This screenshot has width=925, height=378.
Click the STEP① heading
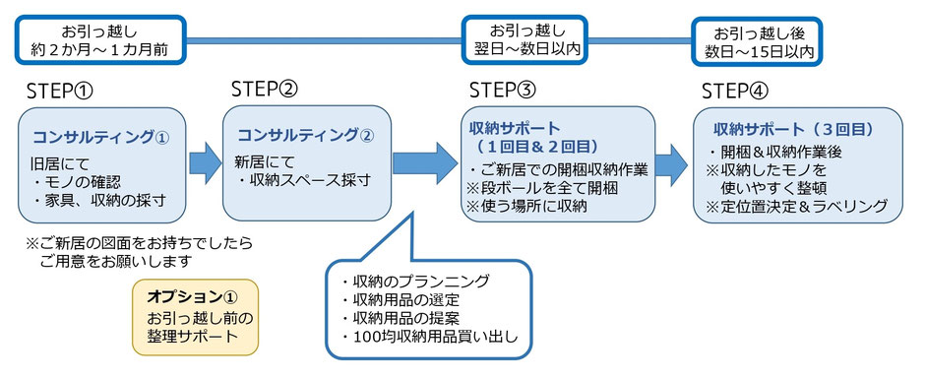pos(61,92)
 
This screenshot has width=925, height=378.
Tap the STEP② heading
pos(265,89)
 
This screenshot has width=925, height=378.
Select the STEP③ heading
pos(503,91)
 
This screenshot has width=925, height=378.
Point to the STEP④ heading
pos(736,92)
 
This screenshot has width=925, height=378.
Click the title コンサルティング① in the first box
pos(101,138)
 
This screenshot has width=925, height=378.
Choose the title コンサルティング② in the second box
pos(306,135)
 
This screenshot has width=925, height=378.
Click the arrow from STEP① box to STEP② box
pos(205,163)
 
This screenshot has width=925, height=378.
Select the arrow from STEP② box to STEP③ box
pos(425,161)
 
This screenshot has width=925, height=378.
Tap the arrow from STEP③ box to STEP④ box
pos(671,164)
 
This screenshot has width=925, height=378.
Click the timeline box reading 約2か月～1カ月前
pos(101,40)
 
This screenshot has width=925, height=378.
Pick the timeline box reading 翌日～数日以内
pos(526,40)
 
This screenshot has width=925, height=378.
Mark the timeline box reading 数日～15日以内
pos(758,40)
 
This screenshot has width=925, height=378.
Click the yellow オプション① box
pos(195,317)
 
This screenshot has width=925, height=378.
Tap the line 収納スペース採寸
pos(304,180)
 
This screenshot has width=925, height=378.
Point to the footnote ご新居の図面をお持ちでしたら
pos(139,242)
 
